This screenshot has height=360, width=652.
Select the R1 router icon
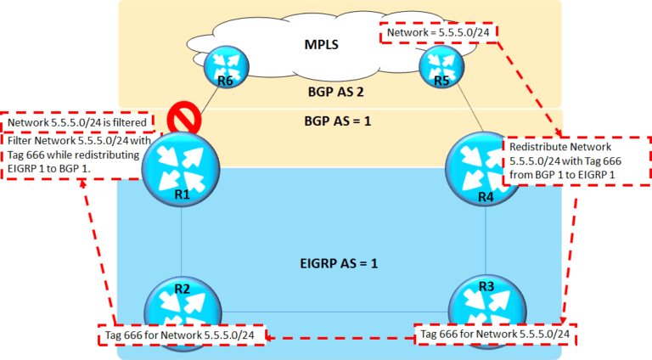click(x=182, y=171)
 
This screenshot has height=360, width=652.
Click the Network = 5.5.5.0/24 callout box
click(x=438, y=33)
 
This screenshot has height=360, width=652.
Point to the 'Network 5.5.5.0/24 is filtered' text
click(x=80, y=121)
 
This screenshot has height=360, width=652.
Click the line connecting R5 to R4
click(x=464, y=110)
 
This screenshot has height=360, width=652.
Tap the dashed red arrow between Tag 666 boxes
click(x=340, y=337)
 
